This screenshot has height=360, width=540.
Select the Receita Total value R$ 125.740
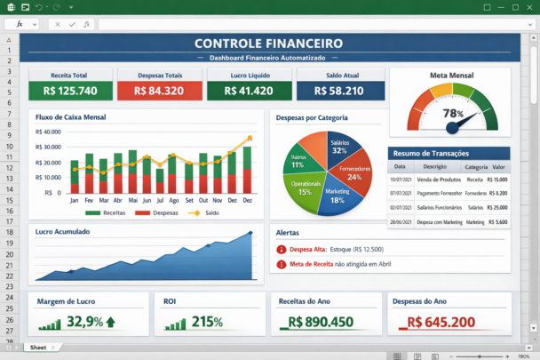(70, 91)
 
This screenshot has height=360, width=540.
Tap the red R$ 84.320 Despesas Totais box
(159, 91)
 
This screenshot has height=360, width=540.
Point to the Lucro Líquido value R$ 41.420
(249, 91)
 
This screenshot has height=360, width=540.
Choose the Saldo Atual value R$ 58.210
(340, 91)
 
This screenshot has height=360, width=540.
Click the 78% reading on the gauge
(453, 114)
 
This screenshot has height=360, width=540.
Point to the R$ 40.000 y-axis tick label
(46, 132)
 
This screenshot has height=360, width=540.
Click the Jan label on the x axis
(75, 201)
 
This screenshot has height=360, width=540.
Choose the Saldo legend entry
(205, 213)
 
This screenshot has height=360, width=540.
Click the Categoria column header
(476, 166)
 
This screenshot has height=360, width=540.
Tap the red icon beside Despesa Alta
(282, 250)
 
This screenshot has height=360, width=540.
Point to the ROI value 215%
(206, 321)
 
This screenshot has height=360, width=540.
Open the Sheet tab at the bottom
(37, 348)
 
